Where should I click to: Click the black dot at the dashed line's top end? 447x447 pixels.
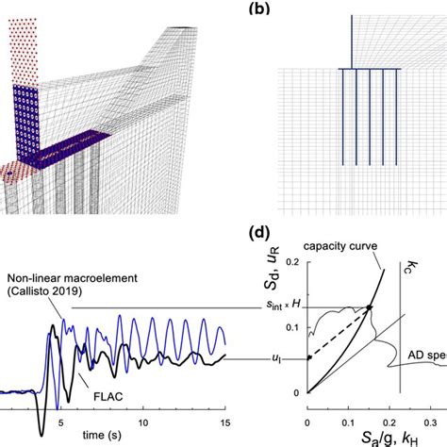(x=370, y=307)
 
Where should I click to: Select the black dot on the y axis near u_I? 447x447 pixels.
(x=309, y=357)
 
